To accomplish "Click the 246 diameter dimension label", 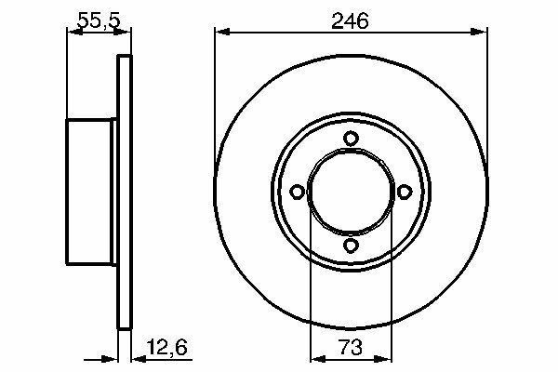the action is (x=350, y=20).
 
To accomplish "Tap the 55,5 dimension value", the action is (x=100, y=20).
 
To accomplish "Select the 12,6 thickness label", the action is (x=166, y=347).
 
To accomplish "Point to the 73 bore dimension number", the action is (x=351, y=347).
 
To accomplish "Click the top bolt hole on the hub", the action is (x=351, y=139).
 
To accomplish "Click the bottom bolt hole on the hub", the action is (x=351, y=246).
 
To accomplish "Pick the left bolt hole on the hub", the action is (x=298, y=192).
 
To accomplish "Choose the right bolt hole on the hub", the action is (x=405, y=192).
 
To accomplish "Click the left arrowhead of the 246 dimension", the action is (x=223, y=32).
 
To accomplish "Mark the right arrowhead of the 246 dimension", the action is (x=479, y=32).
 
